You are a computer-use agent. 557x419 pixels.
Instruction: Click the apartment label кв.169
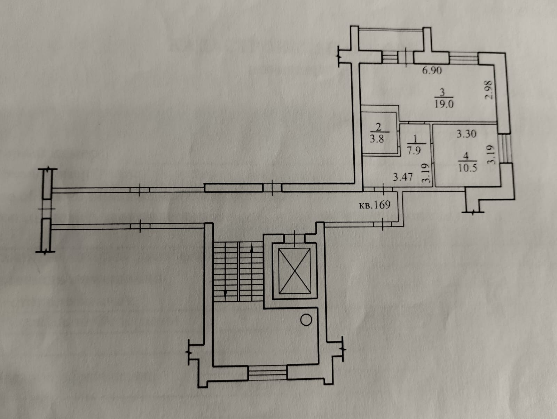[374, 204]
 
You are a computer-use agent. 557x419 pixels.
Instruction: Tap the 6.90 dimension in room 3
[432, 71]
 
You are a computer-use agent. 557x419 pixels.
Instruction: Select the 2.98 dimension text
[489, 90]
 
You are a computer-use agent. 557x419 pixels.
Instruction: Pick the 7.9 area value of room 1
[413, 151]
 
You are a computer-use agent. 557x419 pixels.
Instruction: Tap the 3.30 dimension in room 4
[466, 134]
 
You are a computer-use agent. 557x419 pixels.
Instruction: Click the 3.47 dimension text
[403, 177]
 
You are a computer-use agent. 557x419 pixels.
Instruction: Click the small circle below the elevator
[306, 320]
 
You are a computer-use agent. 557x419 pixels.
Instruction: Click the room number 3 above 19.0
[442, 93]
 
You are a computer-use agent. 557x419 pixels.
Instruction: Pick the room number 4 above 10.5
[466, 156]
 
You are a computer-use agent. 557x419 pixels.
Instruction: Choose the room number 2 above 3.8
[378, 127]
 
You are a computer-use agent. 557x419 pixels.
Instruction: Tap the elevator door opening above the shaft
[295, 238]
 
